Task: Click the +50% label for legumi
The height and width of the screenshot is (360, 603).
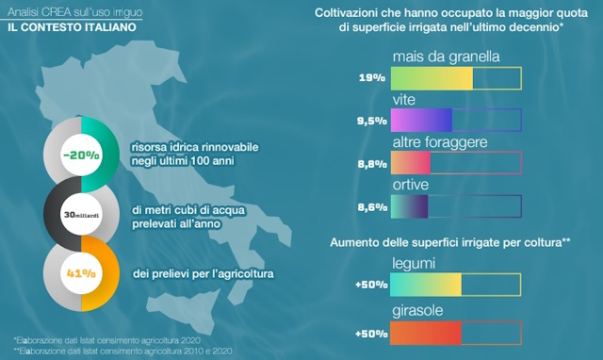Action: click(x=367, y=285)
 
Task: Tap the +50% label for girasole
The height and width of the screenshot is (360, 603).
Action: click(x=367, y=334)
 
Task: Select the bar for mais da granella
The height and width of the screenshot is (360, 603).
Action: click(x=456, y=78)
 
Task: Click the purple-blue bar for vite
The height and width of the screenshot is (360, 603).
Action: click(x=456, y=121)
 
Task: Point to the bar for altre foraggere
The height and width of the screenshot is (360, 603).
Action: click(x=456, y=163)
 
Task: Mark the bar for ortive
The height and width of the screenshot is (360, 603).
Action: click(x=456, y=205)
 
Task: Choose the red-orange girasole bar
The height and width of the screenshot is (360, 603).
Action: click(x=456, y=334)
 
